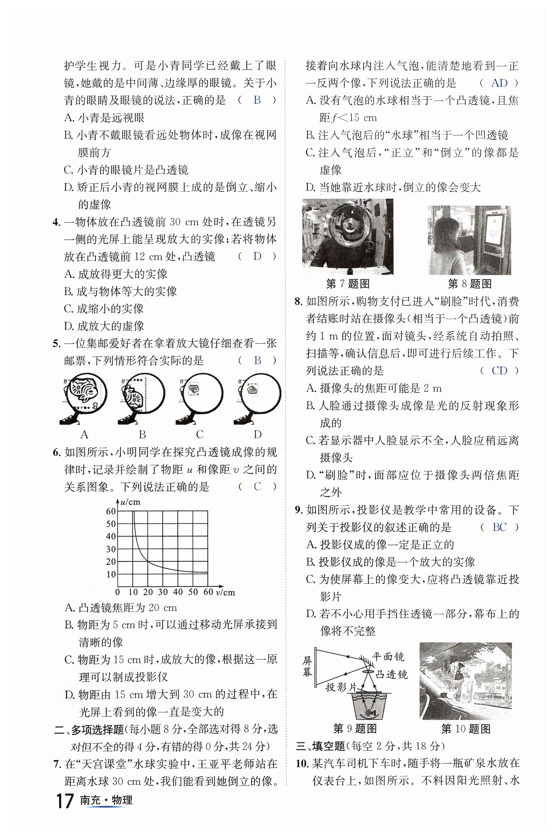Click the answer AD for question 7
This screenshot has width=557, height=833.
(x=499, y=83)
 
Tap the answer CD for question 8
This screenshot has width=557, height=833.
(x=499, y=371)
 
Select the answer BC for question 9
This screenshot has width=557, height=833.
(x=499, y=527)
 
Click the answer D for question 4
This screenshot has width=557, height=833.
(x=257, y=256)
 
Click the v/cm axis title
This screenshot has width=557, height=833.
(x=225, y=592)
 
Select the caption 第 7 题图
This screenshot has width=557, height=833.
(x=348, y=284)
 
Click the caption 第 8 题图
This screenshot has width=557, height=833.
(x=470, y=284)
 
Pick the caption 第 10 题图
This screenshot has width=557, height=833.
(x=466, y=729)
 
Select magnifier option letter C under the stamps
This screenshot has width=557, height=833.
(x=200, y=434)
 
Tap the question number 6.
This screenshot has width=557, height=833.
(x=57, y=453)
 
